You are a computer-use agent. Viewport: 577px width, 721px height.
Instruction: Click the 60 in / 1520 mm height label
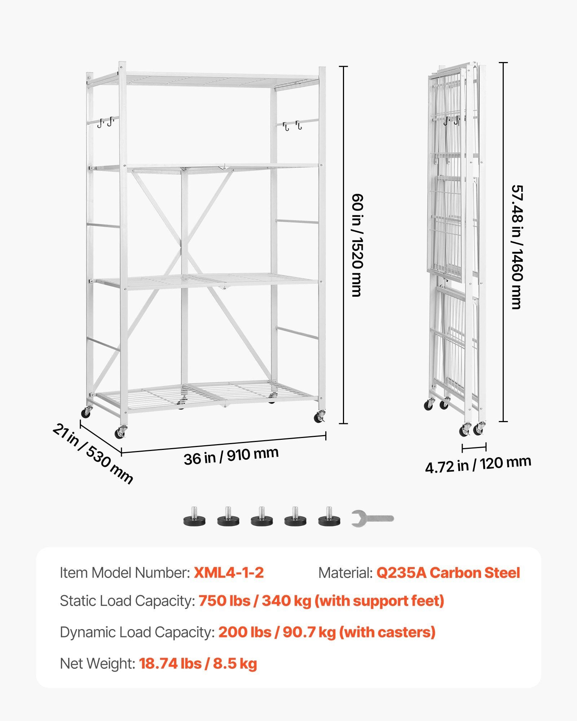(x=357, y=245)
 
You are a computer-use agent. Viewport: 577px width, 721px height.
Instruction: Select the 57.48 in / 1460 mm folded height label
(x=517, y=247)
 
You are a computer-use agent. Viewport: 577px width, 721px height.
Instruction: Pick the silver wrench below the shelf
(x=373, y=519)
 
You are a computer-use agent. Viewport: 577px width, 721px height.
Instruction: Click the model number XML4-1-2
(x=229, y=572)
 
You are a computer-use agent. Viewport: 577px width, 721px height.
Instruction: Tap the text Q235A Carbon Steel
(x=448, y=572)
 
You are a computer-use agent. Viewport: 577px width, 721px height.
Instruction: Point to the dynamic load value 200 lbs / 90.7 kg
(x=277, y=632)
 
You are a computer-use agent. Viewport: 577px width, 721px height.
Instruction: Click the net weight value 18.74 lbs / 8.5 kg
(x=198, y=663)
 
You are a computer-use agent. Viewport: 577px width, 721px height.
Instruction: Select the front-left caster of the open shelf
(x=120, y=433)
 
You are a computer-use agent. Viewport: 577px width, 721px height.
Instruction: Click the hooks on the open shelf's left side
(x=105, y=122)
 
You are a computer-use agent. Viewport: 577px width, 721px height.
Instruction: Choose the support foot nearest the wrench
(x=329, y=516)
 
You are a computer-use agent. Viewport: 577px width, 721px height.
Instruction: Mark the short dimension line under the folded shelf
(x=474, y=448)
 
